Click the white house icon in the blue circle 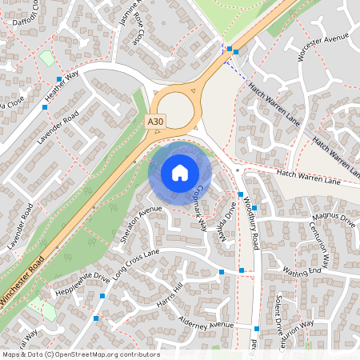click(x=180, y=173)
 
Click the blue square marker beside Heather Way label click(x=59, y=78)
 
